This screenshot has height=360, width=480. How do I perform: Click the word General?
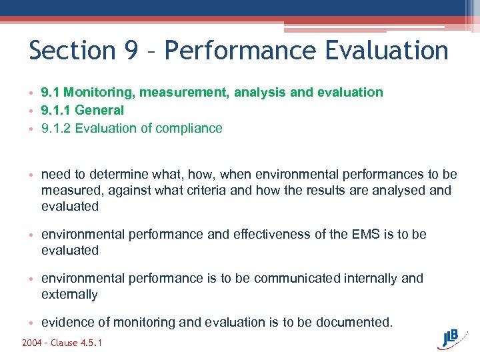coord(101,110)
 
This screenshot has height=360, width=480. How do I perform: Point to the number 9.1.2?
coord(56,128)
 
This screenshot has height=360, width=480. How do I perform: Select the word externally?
coord(69,295)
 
